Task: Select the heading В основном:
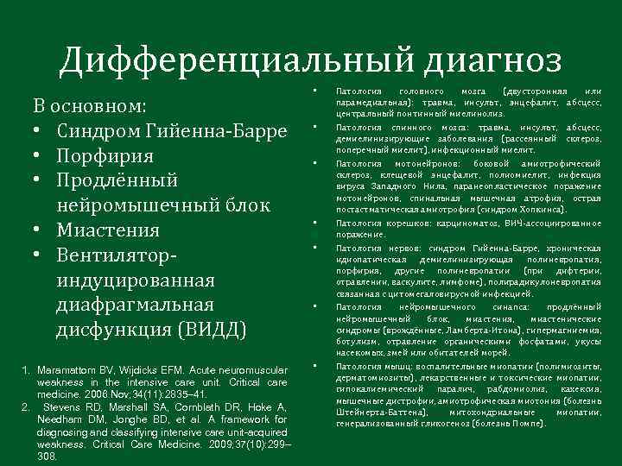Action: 89,107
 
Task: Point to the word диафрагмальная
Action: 135,305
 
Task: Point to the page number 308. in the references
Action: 48,457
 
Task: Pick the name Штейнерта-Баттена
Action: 378,412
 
